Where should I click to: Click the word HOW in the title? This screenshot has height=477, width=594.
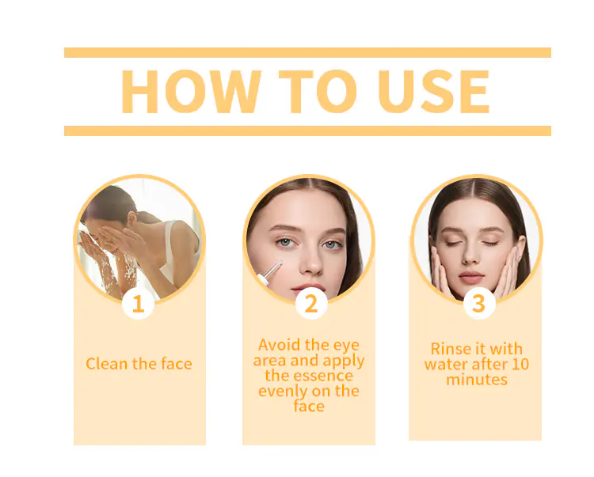(x=191, y=92)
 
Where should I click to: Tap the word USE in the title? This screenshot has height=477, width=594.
(x=433, y=92)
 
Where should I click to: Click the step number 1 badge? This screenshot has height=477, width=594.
(x=139, y=304)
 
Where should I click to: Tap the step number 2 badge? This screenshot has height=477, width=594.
(x=311, y=304)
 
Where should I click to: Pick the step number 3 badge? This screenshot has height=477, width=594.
(x=479, y=304)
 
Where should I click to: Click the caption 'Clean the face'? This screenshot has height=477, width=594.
(x=139, y=364)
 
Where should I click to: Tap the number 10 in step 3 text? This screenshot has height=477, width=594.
(x=520, y=364)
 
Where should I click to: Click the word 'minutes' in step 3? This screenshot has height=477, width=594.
(x=477, y=380)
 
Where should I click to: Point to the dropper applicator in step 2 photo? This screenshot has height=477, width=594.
(x=270, y=273)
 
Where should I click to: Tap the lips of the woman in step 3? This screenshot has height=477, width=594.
(x=471, y=278)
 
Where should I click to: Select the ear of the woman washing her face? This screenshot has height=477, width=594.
(x=131, y=219)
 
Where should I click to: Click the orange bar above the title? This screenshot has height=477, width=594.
(x=307, y=52)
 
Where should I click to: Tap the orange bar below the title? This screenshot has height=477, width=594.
(x=307, y=131)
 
